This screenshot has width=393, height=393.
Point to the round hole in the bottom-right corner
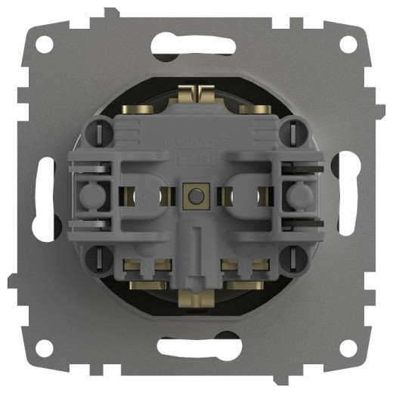point(348,348)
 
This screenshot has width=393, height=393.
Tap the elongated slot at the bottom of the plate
point(196,347)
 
